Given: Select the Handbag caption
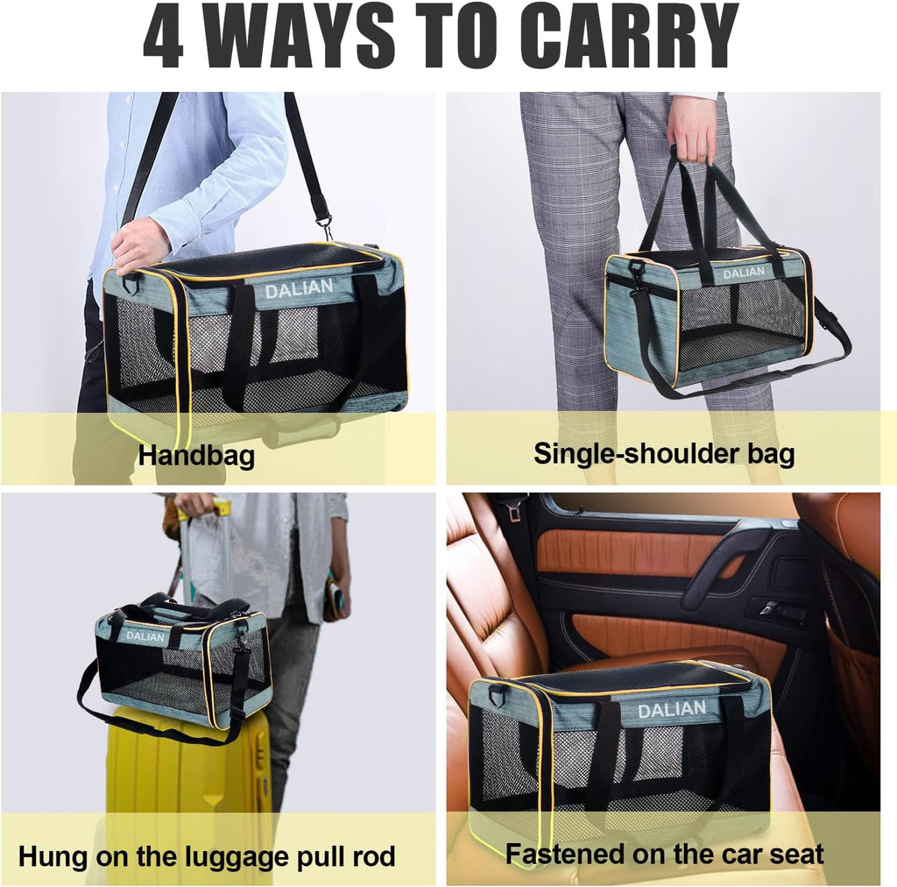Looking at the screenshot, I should coord(196,455).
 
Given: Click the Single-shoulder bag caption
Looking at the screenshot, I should coord(664,453).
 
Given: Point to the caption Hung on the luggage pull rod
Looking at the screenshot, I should coord(207,855).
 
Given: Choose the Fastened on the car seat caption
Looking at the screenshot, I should coord(664,853).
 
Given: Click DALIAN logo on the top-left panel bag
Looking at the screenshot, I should coord(299,287).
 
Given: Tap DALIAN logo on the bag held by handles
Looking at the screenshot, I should coord(743,273).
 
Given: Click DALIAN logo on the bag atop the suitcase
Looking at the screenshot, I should coord(145,636).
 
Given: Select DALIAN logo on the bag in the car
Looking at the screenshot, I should coord(671,709).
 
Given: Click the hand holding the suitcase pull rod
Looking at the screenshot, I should coord(194,505).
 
